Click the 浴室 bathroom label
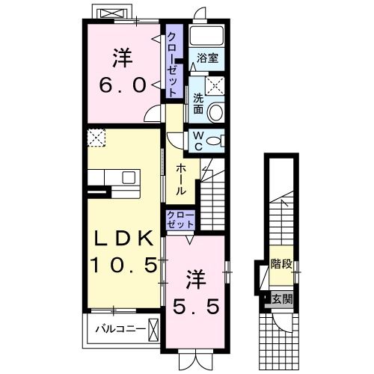(x=207, y=58)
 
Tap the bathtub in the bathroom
(x=206, y=35)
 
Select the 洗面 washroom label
(x=198, y=104)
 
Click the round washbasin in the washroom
(x=215, y=113)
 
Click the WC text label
(x=198, y=141)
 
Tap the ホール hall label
(x=181, y=180)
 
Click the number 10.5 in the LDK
(x=123, y=265)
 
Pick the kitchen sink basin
(x=129, y=178)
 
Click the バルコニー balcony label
(x=120, y=329)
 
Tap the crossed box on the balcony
(x=153, y=331)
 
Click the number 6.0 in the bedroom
(x=123, y=85)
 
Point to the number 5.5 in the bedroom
(x=197, y=307)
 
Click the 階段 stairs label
(x=281, y=264)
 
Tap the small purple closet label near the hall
(x=180, y=219)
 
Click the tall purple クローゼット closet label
(x=172, y=65)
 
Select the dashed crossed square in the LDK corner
(x=96, y=138)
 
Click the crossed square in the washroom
(x=215, y=86)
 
